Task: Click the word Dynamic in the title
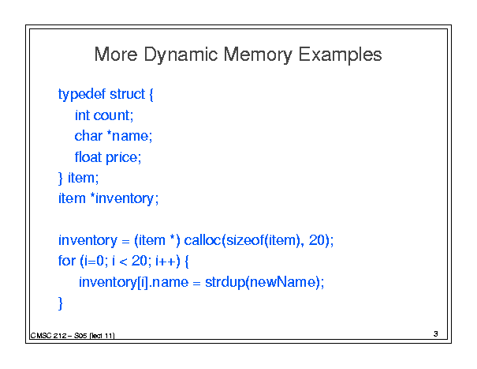click(181, 55)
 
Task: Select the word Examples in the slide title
click(340, 55)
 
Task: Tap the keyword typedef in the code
click(82, 95)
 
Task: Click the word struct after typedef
click(127, 94)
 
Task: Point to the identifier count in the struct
click(111, 115)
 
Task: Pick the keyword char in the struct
click(88, 136)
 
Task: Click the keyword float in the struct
click(88, 157)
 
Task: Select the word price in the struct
click(121, 158)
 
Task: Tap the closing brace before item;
click(61, 178)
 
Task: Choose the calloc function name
click(203, 240)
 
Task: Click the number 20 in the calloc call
click(317, 240)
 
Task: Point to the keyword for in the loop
click(66, 261)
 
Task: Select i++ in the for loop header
click(166, 261)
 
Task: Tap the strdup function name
click(225, 282)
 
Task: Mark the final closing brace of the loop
click(61, 303)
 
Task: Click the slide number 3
click(436, 334)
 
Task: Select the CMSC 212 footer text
click(48, 336)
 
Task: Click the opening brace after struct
click(151, 95)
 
